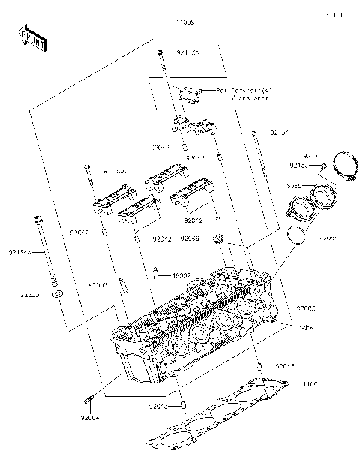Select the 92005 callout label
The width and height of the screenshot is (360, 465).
[x=306, y=308]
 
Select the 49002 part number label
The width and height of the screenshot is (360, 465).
[x=181, y=276]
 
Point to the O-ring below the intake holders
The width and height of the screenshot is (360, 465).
[x=299, y=235]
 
